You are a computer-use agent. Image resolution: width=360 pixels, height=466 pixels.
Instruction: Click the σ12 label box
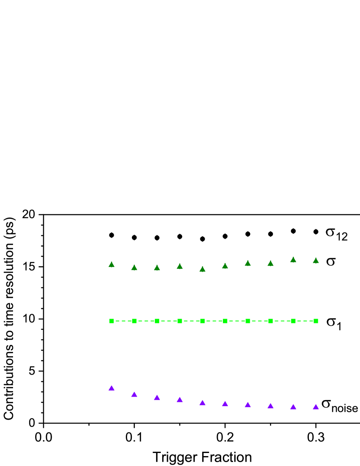coord(337,231)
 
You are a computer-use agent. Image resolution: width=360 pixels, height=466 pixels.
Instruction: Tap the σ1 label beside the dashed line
coord(334,321)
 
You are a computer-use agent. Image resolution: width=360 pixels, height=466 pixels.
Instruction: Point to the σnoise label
coord(339,403)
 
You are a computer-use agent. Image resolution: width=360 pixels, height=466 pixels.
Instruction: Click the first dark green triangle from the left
coord(111,264)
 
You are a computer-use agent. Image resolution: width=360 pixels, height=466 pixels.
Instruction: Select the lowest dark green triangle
coord(202,269)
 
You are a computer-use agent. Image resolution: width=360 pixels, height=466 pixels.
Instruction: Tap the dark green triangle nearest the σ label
coord(316,261)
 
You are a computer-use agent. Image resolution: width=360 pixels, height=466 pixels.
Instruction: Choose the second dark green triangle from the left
coord(134,268)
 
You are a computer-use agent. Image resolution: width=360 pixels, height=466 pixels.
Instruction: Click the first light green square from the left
coord(111,321)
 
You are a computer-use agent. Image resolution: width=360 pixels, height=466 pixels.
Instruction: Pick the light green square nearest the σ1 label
coord(316,321)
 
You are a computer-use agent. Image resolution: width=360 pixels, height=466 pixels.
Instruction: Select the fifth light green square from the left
coord(202,321)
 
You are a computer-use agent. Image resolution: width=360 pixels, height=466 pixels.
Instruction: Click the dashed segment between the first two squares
coord(123,321)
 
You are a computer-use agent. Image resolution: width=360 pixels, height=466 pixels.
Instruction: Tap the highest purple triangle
coord(111,388)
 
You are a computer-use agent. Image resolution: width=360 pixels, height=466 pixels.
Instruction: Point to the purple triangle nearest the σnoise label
coord(316,407)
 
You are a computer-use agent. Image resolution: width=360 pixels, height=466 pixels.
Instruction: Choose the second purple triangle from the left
coord(134,394)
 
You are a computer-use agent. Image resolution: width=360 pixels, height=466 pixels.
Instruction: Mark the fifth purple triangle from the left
coord(202,403)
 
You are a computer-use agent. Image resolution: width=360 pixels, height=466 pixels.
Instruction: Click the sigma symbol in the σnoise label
coord(326,404)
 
